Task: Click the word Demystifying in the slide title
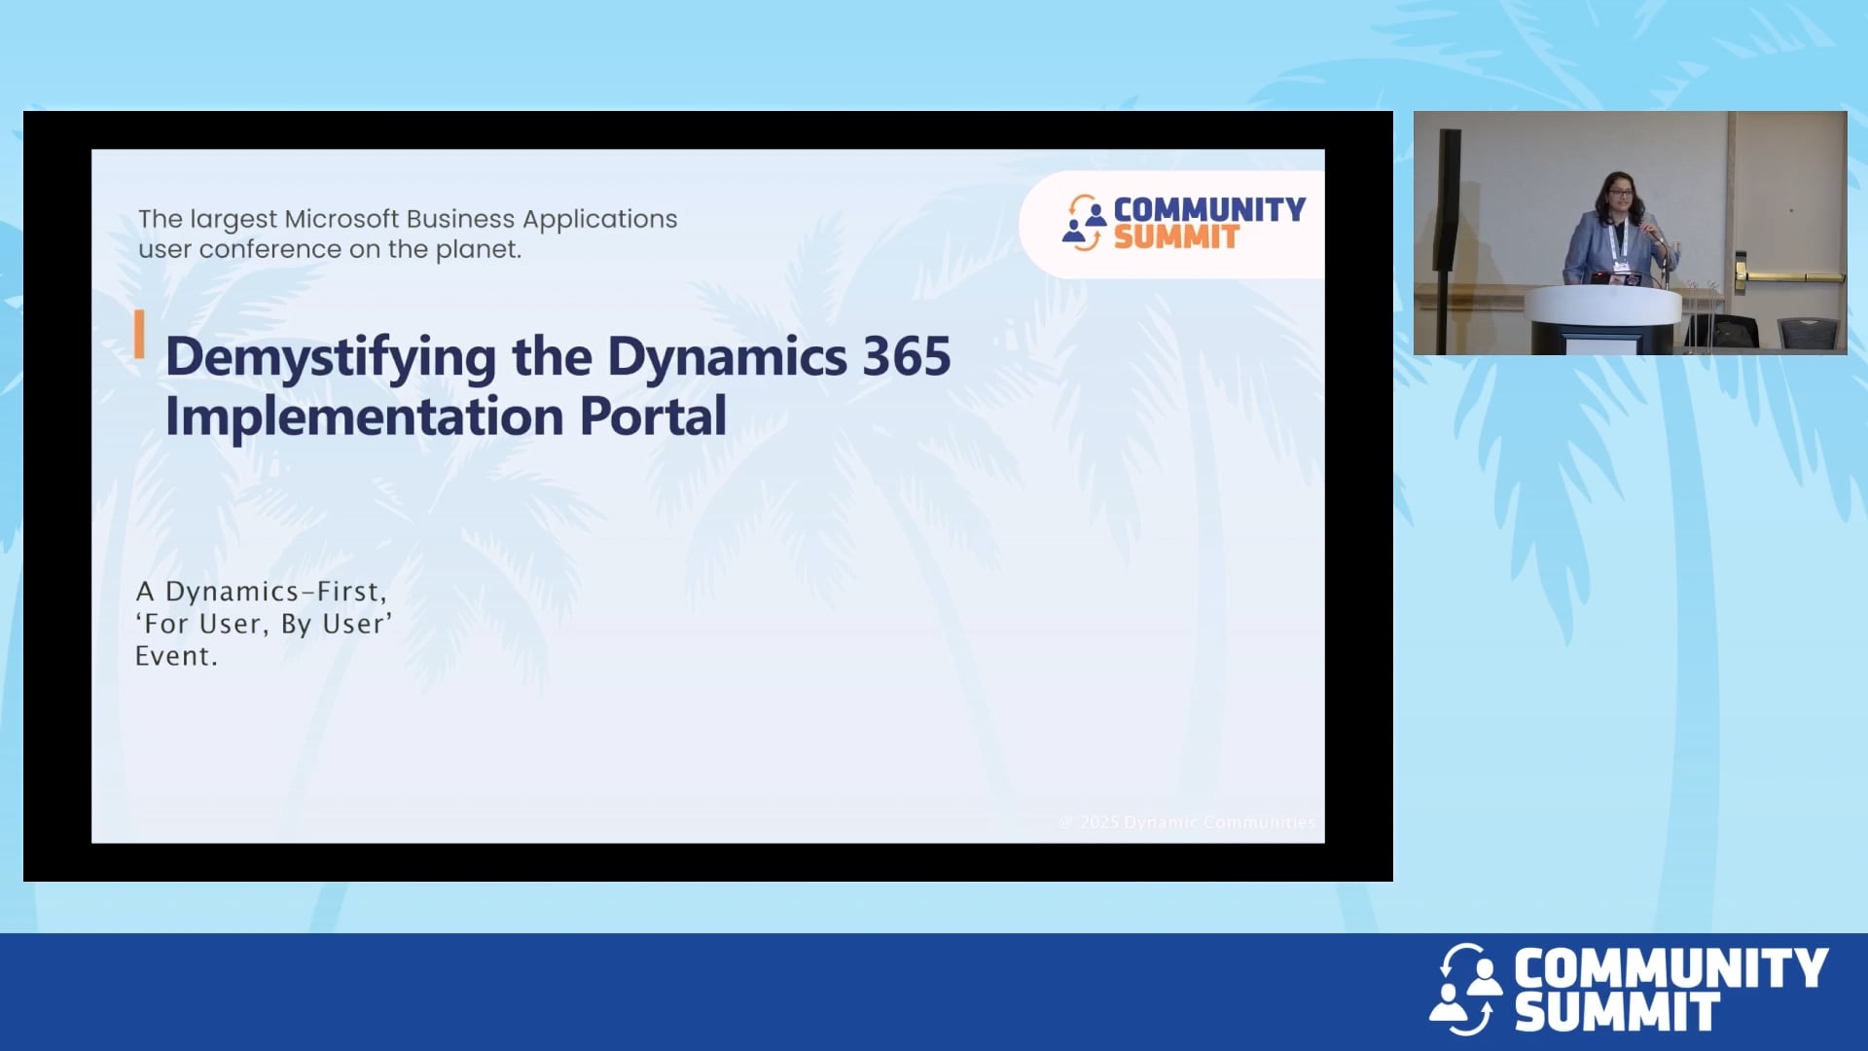pos(330,357)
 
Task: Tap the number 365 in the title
pos(906,356)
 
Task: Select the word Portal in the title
pos(653,417)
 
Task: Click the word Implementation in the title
pos(364,417)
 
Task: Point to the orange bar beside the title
pos(139,334)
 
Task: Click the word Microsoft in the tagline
pos(341,219)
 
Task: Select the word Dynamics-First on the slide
pos(275,591)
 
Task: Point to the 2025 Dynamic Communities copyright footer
pos(1187,822)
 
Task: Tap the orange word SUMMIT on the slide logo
pos(1175,237)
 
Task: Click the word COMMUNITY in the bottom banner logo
pos(1670,968)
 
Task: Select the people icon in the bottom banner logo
pos(1466,988)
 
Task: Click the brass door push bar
pos(1790,277)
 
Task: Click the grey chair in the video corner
pos(1812,334)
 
